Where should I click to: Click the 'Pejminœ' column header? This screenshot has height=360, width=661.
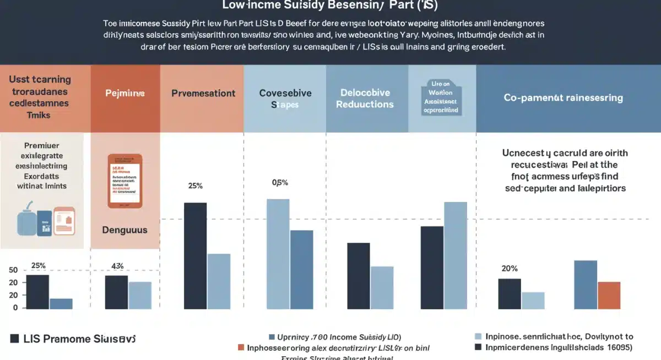tap(125, 94)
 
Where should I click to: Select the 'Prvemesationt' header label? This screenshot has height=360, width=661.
tap(203, 94)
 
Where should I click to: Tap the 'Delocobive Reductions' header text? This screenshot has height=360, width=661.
tap(365, 98)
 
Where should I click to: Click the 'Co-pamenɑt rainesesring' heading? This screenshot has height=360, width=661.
tap(563, 98)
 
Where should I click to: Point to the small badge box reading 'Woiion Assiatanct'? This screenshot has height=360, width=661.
tap(440, 97)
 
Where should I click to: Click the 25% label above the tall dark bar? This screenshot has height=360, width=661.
tap(196, 186)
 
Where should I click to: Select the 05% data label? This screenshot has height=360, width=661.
tap(280, 182)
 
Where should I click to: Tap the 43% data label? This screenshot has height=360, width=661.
tap(117, 266)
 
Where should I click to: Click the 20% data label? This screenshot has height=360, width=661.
tap(509, 269)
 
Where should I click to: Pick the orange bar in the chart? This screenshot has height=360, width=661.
tap(609, 295)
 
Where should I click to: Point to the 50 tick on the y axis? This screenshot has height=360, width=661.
tap(13, 270)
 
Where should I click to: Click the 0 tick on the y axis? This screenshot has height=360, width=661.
tap(15, 307)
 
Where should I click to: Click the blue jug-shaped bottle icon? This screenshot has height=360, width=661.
tap(28, 223)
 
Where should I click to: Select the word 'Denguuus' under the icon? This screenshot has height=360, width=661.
tap(125, 230)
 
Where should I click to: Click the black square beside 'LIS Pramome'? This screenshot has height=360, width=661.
tap(14, 339)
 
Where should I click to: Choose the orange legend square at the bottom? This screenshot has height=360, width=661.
tap(241, 348)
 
